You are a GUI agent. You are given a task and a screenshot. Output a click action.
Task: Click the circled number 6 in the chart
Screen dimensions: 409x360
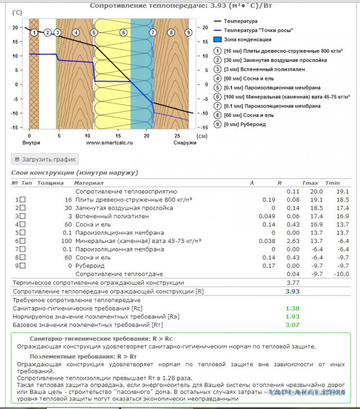coord(123,33)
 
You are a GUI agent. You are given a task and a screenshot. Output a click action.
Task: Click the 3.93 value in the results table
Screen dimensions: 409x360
coord(292,292)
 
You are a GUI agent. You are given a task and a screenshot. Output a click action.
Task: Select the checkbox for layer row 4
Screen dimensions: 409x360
coord(22,224)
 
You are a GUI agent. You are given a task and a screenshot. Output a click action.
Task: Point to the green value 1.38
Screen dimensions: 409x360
coord(292,309)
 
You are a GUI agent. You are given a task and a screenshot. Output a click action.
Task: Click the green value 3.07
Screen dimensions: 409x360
coord(292,325)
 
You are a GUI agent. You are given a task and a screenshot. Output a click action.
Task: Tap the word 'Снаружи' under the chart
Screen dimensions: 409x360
coord(184,143)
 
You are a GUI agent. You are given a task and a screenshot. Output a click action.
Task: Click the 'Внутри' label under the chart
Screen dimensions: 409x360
coord(31,143)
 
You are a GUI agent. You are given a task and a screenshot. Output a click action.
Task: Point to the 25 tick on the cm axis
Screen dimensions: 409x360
coord(176,136)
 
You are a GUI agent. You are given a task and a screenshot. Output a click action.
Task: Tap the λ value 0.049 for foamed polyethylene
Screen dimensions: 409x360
coord(267,216)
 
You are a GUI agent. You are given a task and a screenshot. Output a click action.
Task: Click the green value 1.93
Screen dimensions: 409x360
coord(292,317)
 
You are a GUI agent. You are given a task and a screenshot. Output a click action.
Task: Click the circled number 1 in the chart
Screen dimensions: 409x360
coord(34,33)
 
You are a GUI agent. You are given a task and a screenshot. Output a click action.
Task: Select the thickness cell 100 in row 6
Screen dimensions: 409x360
coord(66,240)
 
